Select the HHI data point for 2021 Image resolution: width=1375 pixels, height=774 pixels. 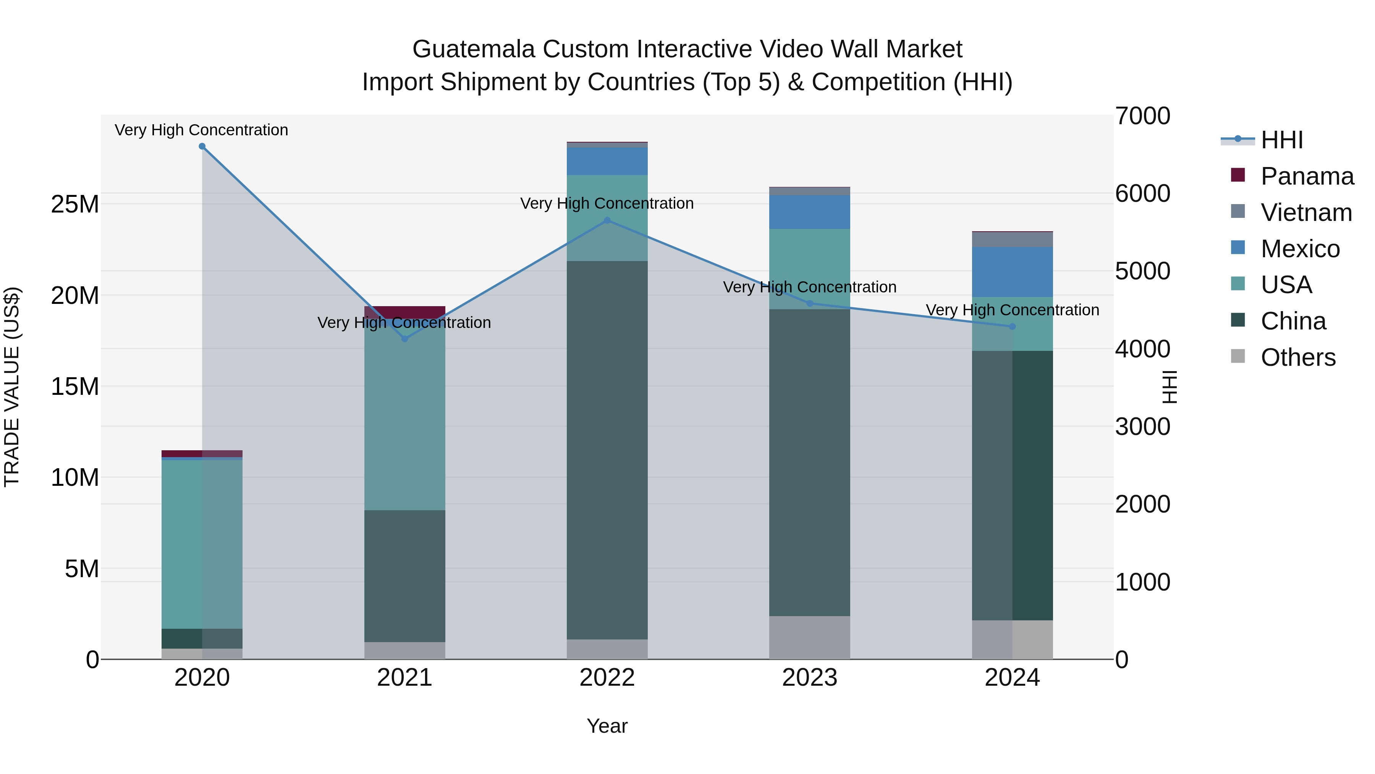coord(404,339)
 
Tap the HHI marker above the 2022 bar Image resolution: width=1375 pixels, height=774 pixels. coord(607,220)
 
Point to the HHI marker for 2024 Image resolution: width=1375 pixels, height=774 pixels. coord(1012,326)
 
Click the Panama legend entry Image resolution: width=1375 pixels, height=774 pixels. coord(1307,176)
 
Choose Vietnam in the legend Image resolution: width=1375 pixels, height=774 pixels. coord(1305,213)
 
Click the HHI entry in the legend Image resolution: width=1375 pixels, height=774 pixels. coord(1281,140)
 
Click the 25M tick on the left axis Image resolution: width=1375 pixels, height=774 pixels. coord(75,204)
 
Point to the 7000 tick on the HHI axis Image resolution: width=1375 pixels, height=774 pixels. coord(1143,116)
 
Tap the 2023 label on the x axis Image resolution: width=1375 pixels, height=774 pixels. coord(809,678)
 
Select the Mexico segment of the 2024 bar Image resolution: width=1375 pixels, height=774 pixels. coord(1012,272)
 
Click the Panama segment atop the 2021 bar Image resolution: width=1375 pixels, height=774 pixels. coord(404,312)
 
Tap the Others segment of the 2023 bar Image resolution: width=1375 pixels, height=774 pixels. coord(809,637)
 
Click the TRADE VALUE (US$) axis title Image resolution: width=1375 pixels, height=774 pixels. coord(12,387)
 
